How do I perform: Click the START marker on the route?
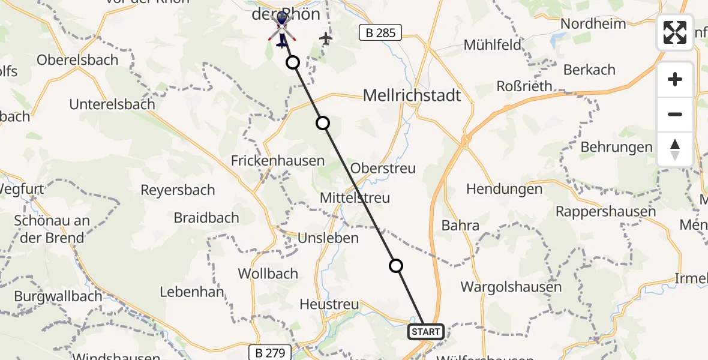426,331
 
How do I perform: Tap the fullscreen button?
675,32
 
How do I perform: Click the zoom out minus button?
675,114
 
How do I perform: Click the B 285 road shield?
380,32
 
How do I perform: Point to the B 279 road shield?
270,352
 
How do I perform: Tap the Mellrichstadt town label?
412,95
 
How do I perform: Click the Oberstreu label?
383,168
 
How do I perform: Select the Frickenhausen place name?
278,160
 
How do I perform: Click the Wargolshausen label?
511,287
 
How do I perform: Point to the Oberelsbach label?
76,60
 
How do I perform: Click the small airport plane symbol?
326,38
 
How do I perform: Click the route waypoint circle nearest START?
396,265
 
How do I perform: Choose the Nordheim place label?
593,24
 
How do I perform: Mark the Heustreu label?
330,305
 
